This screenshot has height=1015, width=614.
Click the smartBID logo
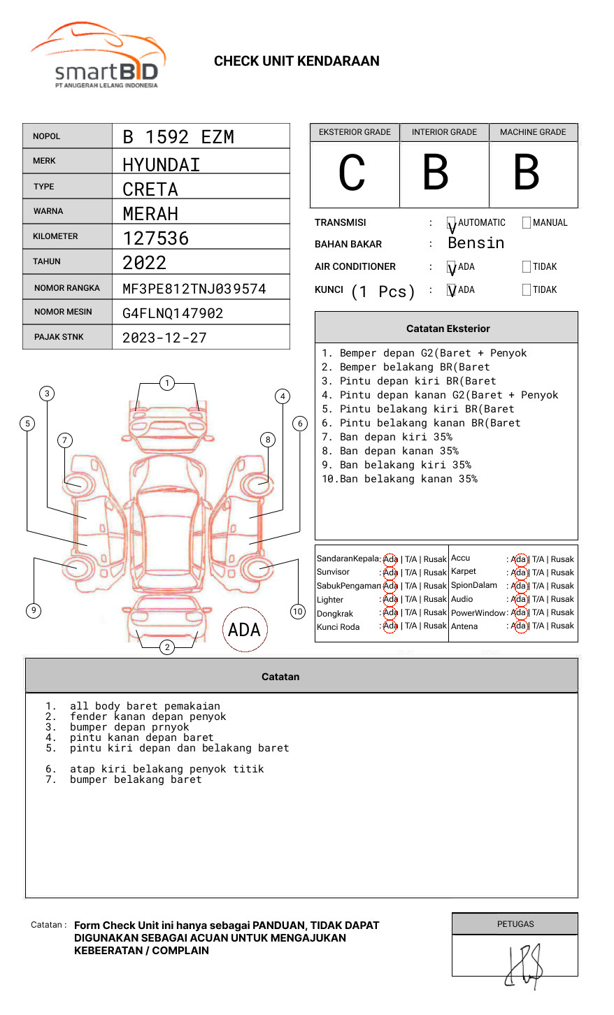(98, 56)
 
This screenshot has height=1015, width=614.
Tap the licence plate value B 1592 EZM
(178, 137)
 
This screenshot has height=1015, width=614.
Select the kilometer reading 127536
(156, 238)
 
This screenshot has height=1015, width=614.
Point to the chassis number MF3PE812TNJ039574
(194, 289)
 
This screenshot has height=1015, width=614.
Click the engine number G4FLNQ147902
(173, 313)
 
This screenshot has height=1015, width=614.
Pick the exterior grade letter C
(352, 173)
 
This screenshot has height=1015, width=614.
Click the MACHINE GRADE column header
(533, 132)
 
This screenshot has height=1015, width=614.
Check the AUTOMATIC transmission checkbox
(452, 223)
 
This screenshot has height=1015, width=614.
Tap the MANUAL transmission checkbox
(527, 223)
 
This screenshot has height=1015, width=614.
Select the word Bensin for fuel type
(476, 243)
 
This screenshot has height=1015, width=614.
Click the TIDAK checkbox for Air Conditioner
(527, 267)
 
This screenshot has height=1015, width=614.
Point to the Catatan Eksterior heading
(448, 329)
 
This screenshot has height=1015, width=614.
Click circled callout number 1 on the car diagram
(166, 383)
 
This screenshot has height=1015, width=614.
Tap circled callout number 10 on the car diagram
(298, 612)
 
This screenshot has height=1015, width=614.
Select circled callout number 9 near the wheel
(34, 611)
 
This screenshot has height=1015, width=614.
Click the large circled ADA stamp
(244, 630)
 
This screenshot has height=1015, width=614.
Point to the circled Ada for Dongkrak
(390, 613)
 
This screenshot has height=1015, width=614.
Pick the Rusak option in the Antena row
(562, 626)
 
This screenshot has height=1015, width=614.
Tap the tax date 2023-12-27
(164, 338)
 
